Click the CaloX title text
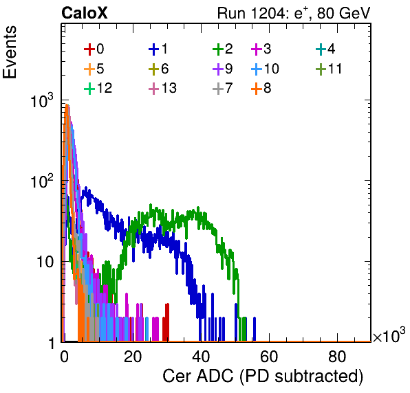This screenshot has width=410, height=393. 85,13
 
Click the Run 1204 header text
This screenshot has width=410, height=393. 294,13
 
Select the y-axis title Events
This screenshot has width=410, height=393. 10,52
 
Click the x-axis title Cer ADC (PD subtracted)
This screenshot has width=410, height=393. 263,377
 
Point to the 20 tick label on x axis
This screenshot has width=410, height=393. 133,357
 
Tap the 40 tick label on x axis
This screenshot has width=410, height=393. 201,357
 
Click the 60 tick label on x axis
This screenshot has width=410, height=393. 269,357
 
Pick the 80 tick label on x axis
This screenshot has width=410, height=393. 337,357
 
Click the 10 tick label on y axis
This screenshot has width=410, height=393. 45,262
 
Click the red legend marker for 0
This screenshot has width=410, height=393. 89,49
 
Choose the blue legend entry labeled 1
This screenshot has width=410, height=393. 158,49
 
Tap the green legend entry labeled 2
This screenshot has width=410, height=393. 223,49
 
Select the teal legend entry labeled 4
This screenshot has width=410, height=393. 325,49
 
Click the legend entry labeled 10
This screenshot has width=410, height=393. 265,69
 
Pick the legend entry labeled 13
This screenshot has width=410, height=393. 162,88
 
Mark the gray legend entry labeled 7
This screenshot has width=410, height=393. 223,88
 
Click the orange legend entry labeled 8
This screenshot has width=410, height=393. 261,88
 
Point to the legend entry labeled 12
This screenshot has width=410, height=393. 98,88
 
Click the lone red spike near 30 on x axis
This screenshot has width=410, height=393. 166,322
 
